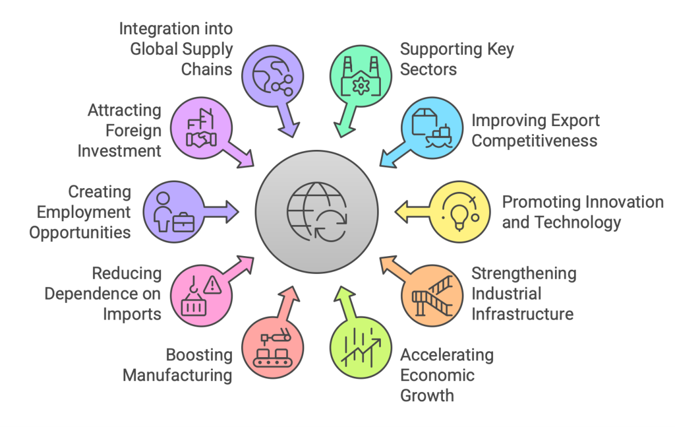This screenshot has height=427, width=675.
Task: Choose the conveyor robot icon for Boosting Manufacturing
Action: pos(273,350)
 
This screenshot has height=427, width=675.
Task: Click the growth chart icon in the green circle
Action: pos(361,348)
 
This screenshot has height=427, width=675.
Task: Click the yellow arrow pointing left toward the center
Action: pos(411,211)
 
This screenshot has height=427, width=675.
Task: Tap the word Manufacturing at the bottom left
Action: pos(177,376)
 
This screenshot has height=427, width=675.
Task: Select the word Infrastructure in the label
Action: pos(521,313)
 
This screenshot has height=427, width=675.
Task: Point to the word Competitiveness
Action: pos(534,141)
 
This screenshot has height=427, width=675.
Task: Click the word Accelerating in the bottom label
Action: pos(446,355)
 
